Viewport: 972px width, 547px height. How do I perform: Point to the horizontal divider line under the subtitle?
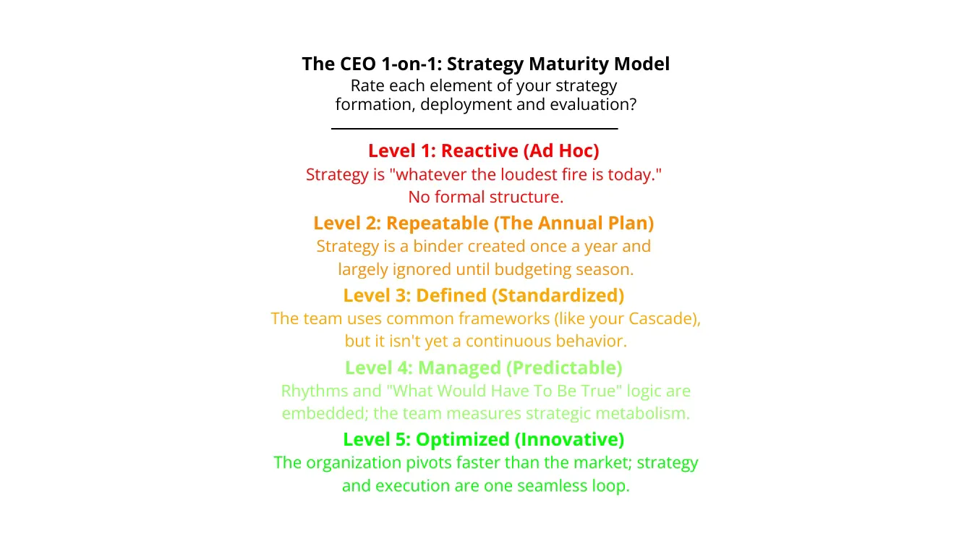(474, 129)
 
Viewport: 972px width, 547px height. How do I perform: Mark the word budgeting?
(540, 269)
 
